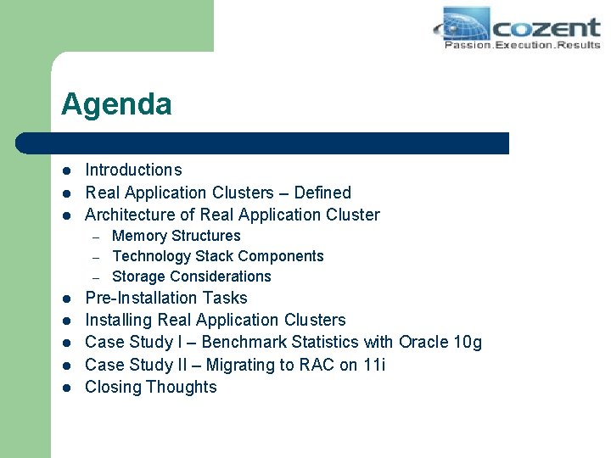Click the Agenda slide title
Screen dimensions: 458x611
click(116, 104)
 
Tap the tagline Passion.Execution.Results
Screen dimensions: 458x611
click(522, 45)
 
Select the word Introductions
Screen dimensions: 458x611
click(133, 170)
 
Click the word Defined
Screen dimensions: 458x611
click(322, 193)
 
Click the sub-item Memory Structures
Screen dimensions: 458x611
click(176, 236)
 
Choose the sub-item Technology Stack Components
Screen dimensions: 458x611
click(217, 256)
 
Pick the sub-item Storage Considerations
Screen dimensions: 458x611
click(191, 276)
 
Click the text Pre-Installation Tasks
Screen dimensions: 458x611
click(166, 298)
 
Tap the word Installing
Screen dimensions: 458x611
click(119, 320)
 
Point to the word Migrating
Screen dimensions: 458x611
click(253, 365)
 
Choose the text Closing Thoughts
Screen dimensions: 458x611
click(151, 387)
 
